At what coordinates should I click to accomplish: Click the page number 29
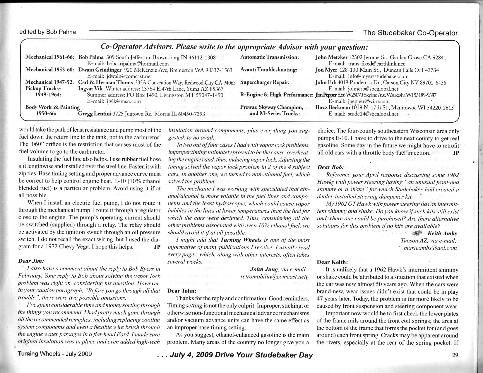(x=455, y=355)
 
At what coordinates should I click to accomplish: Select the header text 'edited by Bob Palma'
(x=47, y=32)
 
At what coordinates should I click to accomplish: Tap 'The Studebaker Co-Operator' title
(x=410, y=33)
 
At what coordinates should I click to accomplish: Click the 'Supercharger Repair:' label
(x=265, y=82)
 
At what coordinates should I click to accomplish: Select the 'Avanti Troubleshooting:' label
(x=268, y=70)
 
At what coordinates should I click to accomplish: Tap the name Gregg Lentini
(x=95, y=114)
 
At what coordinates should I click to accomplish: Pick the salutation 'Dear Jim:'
(x=31, y=261)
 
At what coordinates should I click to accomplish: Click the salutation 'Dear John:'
(x=182, y=291)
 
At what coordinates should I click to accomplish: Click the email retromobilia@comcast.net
(x=274, y=276)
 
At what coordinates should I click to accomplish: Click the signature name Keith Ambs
(x=442, y=233)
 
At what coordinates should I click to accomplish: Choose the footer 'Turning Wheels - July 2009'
(x=55, y=354)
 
